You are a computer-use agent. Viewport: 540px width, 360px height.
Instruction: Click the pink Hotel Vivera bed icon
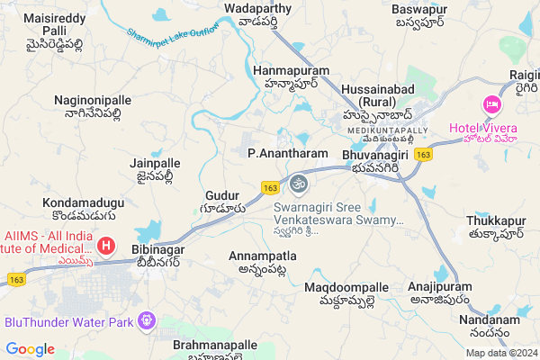pos(491,105)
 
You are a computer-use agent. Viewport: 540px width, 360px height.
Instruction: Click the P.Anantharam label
pos(287,154)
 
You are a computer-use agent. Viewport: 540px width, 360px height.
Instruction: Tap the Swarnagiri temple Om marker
pos(299,184)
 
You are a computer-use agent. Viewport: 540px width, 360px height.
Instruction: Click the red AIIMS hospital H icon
pos(106,245)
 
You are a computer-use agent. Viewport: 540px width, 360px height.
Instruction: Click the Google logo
pos(31,349)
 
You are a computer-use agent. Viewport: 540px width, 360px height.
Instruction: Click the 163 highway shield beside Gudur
pos(270,187)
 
